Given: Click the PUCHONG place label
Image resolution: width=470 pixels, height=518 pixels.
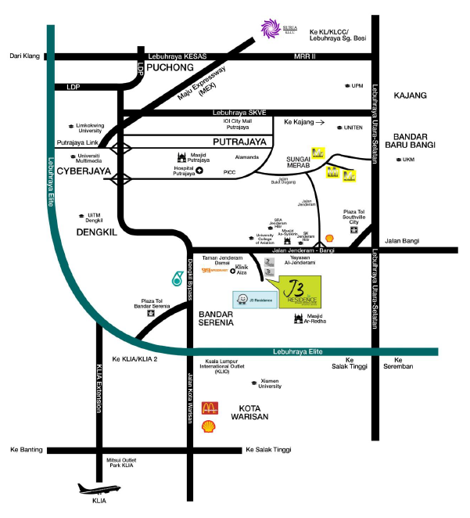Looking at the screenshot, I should pos(170,67).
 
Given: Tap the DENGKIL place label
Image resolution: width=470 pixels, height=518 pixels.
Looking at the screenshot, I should pos(98,232).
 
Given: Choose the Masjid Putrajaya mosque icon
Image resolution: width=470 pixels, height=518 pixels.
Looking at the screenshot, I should pos(182,156).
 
